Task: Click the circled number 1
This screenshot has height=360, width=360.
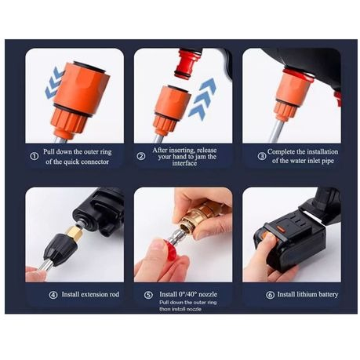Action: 35,156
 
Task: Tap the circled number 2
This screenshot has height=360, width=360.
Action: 141,156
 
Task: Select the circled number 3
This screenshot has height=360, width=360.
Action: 262,156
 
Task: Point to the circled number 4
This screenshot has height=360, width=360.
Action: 53,295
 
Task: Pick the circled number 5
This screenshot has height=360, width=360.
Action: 148,295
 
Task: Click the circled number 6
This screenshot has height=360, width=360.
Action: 270,295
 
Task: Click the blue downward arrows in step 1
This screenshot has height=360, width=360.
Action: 54,82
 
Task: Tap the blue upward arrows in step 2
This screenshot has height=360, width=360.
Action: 202,99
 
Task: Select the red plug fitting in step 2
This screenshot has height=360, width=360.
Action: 188,64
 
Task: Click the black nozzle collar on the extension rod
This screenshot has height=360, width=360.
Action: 60,248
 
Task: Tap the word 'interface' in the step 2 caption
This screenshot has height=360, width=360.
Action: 184,163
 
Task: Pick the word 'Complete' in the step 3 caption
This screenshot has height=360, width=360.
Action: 281,151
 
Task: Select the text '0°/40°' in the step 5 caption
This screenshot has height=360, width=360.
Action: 187,294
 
